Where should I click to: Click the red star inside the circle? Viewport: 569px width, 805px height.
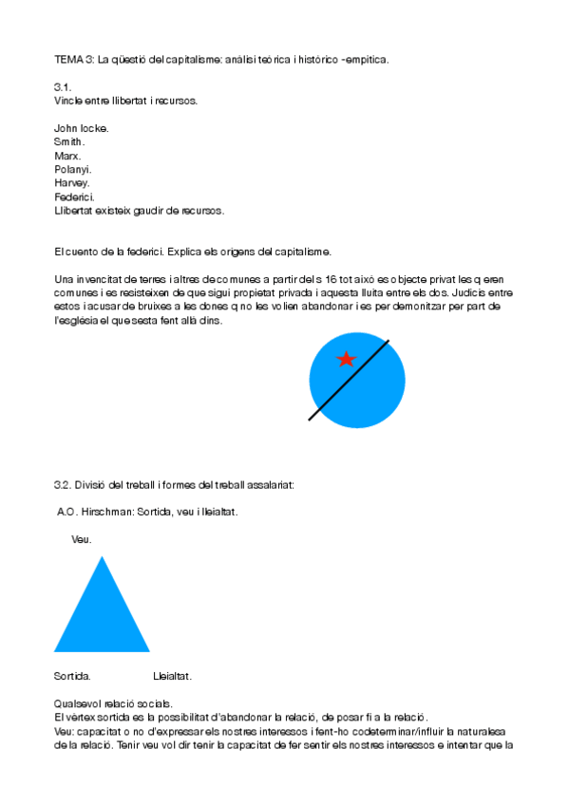[347, 359]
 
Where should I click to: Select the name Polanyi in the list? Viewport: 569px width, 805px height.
[72, 169]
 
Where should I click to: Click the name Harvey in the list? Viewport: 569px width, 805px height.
[72, 182]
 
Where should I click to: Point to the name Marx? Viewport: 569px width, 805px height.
[67, 156]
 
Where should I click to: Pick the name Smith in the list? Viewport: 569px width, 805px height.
[69, 141]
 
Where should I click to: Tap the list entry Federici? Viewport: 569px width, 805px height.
[74, 197]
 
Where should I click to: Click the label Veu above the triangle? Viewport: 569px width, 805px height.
[82, 539]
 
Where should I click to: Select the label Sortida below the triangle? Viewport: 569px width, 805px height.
[72, 677]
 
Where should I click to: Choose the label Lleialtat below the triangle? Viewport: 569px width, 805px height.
[172, 677]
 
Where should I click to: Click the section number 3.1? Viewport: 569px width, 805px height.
[63, 86]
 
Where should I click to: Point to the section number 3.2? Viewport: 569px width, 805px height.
[64, 484]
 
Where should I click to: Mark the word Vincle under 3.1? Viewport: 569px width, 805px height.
[69, 100]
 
